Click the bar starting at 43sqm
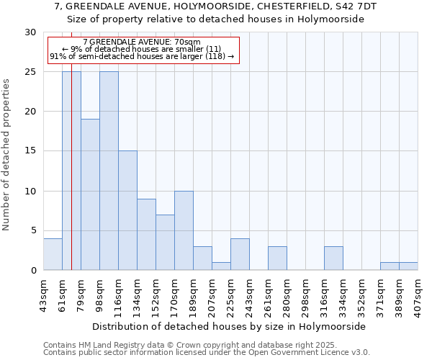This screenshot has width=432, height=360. pos(53,254)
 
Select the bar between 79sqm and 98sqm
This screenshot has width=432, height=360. pos(90,194)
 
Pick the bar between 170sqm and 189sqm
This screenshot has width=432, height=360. pos(184,230)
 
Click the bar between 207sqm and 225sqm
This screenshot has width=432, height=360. pos(221,266)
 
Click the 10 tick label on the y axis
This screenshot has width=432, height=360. pos(30,191)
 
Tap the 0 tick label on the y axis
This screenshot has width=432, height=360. pos(33,271)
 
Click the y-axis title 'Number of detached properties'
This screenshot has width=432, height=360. pos(7,155)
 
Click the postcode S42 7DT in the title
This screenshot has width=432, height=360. pos(356,6)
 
